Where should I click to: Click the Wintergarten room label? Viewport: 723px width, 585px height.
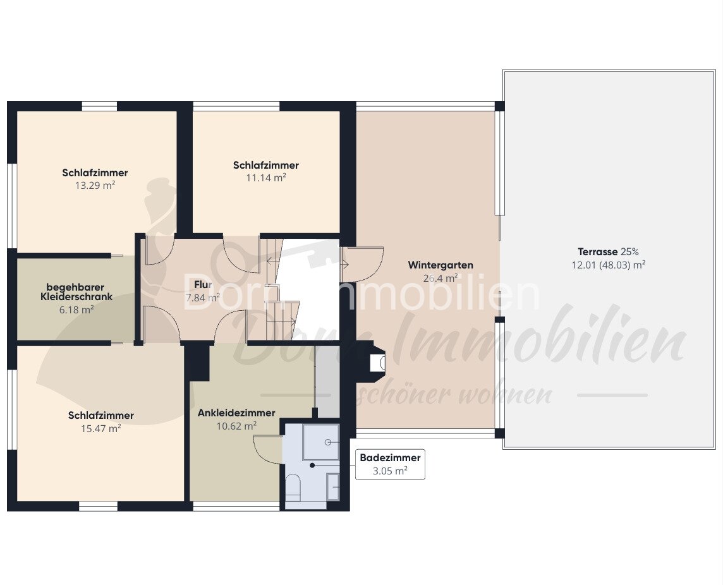[440, 265]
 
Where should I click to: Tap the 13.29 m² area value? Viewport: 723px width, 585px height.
[95, 186]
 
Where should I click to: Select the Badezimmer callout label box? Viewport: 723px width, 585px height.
[390, 464]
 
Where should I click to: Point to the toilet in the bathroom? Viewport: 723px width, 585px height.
[293, 487]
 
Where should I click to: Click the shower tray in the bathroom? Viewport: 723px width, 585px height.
[321, 442]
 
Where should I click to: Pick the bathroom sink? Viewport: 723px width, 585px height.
[333, 486]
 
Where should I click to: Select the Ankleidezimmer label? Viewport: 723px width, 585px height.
[236, 413]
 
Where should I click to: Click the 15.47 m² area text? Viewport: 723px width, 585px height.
[101, 429]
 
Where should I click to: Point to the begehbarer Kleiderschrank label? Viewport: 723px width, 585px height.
[76, 292]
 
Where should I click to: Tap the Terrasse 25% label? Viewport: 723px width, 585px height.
[608, 251]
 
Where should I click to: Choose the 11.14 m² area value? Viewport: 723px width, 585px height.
[266, 178]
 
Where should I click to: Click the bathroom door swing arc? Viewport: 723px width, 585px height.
[267, 449]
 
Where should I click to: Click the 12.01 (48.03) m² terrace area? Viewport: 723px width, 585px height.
[608, 265]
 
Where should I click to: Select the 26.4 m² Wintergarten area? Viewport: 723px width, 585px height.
[440, 279]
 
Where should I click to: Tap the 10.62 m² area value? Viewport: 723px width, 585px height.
[236, 426]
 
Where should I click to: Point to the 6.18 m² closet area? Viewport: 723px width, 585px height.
[76, 310]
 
